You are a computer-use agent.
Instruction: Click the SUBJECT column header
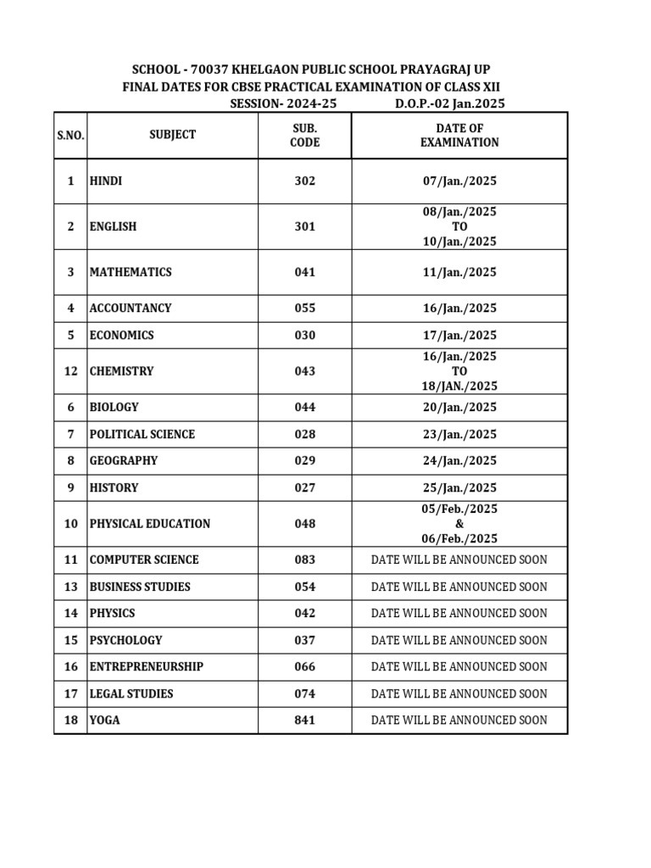point(172,135)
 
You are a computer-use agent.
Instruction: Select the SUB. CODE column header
point(304,135)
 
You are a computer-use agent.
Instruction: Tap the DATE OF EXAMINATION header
point(459,135)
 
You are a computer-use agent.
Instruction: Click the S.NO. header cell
point(70,136)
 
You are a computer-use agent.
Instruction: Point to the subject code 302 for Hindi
point(304,181)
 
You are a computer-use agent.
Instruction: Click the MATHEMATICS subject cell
point(131,272)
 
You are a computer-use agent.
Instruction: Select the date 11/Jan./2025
point(459,272)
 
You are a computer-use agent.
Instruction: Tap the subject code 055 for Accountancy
point(304,309)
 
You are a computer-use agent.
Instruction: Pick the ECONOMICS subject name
point(122,335)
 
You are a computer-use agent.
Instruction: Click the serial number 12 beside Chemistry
point(70,371)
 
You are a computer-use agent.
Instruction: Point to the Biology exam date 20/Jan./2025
point(459,407)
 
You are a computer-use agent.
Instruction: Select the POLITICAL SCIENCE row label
point(142,434)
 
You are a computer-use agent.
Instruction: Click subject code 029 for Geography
point(304,461)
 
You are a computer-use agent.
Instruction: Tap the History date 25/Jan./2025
point(459,488)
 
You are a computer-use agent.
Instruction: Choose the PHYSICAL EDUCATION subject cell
point(150,524)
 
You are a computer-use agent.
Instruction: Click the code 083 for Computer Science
point(304,559)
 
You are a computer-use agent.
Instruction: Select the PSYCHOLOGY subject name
point(125,640)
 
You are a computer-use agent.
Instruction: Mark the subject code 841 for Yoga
point(304,721)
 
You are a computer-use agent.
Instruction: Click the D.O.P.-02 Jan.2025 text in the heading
point(450,103)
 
